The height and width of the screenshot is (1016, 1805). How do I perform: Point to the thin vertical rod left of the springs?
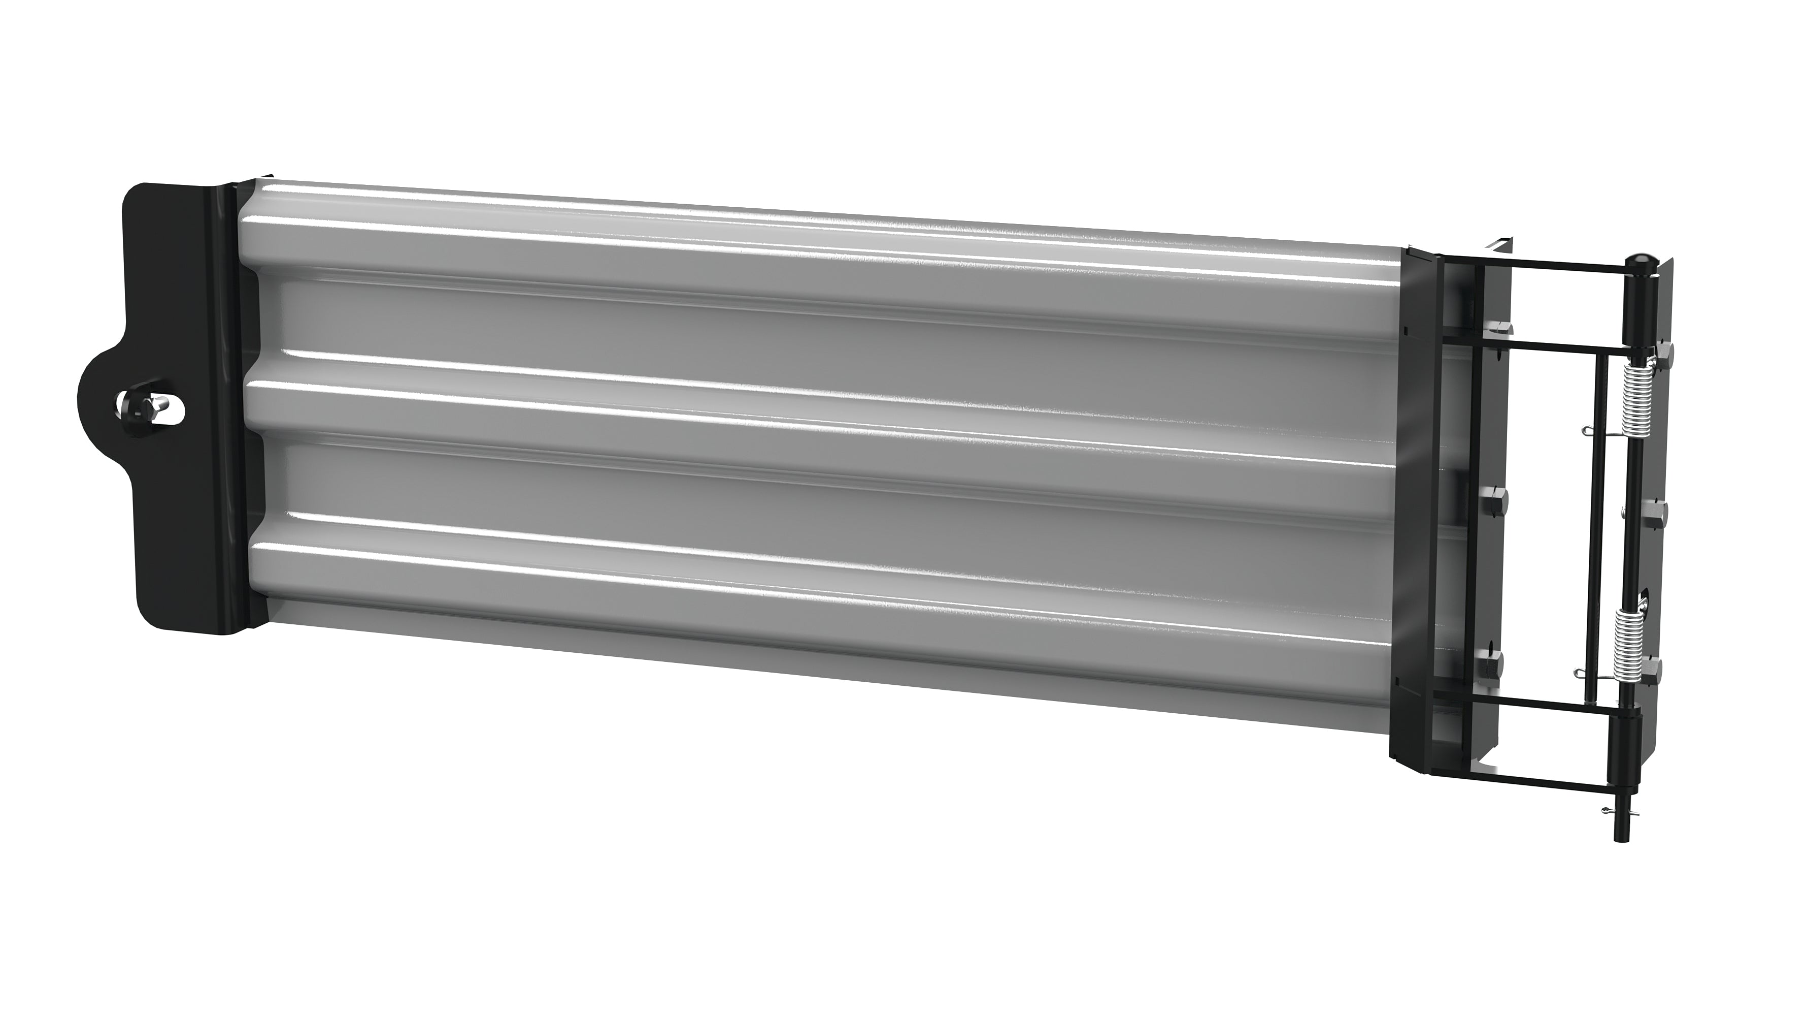1593,533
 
